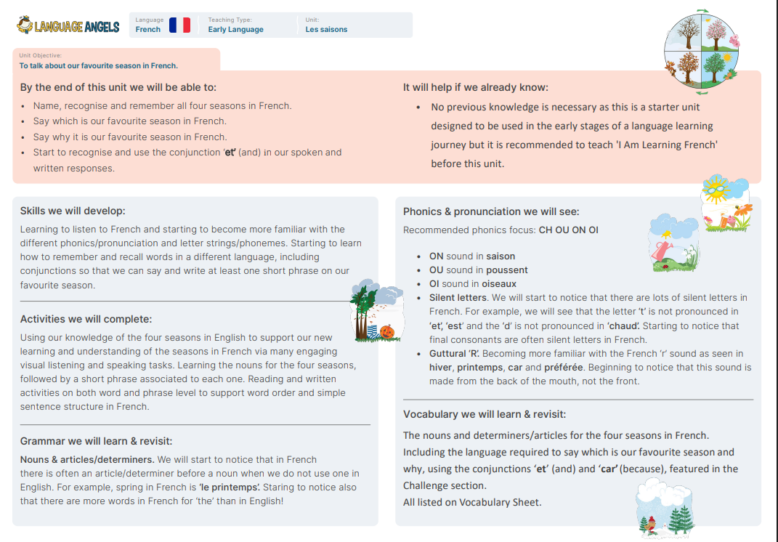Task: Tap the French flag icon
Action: point(179,25)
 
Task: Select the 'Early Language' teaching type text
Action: point(235,30)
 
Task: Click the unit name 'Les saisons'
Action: point(326,30)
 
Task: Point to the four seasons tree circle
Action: point(701,53)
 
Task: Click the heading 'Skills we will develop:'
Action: point(73,211)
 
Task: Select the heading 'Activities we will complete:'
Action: point(86,319)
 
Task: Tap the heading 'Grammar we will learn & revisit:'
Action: point(96,441)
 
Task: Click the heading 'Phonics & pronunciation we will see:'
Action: point(491,211)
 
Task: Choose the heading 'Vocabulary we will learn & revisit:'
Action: point(485,415)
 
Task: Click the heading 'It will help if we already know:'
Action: point(475,87)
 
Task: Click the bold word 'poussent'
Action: point(507,270)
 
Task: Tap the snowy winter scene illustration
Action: point(665,508)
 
